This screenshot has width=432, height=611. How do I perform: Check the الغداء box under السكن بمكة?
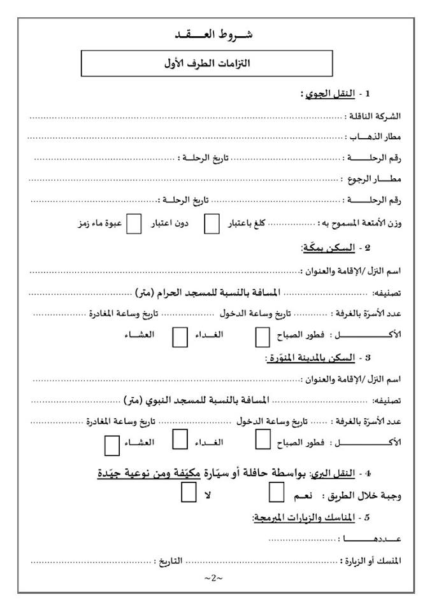[x=180, y=336]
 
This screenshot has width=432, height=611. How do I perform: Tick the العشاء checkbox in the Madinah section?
[x=112, y=444]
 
